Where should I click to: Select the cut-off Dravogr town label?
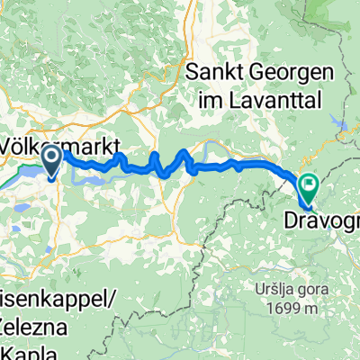pyautogui.click(x=321, y=220)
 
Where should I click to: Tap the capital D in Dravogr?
pyautogui.click(x=290, y=220)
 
